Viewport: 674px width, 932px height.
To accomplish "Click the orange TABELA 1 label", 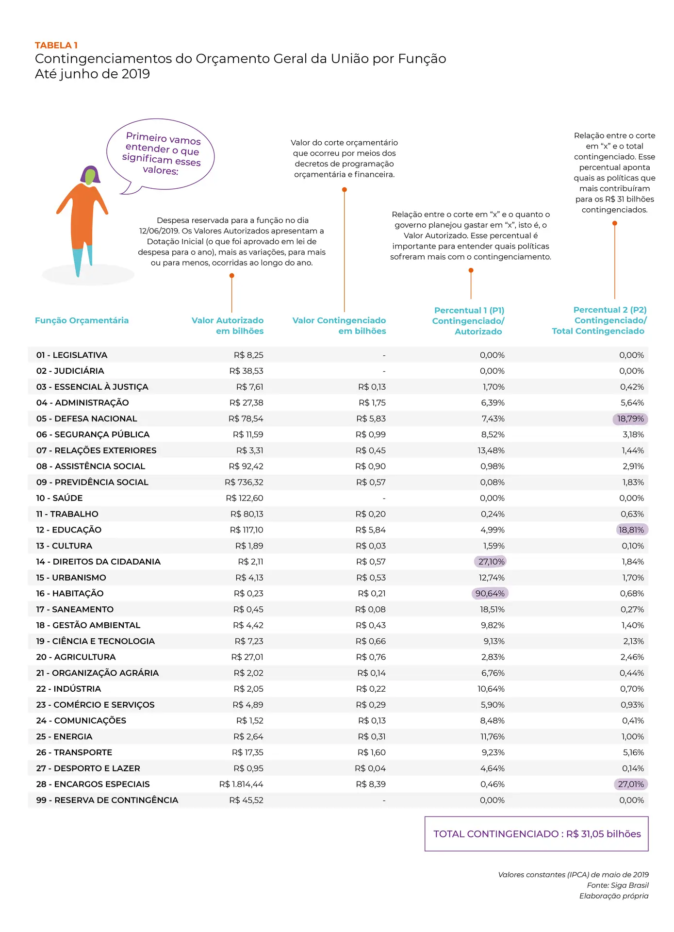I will coord(56,45).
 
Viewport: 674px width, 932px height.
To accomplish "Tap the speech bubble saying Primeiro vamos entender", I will coord(161,154).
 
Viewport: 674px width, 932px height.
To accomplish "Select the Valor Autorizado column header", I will coord(228,326).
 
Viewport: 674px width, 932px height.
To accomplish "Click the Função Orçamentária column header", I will coord(82,320).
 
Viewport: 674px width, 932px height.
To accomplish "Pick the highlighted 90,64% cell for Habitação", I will coord(490,593).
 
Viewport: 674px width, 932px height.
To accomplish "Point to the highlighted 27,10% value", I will coord(491,562).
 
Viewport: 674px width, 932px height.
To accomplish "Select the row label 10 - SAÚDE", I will coord(60,498).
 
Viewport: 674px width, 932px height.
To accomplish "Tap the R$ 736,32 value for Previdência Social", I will coord(244,482).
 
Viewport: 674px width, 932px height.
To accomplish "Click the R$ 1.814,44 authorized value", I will coord(241,784).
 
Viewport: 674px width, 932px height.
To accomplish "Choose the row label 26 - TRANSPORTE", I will coord(74,752).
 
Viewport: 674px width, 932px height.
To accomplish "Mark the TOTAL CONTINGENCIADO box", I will coord(536,834).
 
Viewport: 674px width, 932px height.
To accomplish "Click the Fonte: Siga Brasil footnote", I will coord(617,885).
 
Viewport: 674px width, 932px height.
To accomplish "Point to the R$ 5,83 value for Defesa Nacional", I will coord(371,418).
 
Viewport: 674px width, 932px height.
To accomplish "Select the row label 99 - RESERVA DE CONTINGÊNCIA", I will coord(107,800).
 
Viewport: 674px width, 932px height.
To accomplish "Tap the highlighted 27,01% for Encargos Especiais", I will coord(631,784).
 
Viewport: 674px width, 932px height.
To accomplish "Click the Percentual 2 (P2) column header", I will coord(599,320).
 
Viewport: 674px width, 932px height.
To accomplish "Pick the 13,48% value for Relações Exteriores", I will coord(491,450).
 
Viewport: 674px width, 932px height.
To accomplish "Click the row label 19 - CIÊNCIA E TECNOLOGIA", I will coord(96,641).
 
